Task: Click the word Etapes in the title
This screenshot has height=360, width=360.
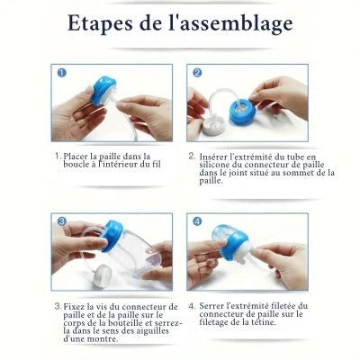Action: (98, 25)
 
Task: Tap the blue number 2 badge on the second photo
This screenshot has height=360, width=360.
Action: (194, 73)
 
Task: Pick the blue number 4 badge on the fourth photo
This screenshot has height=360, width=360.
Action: (194, 220)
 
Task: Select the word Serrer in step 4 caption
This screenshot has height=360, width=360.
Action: (214, 307)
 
